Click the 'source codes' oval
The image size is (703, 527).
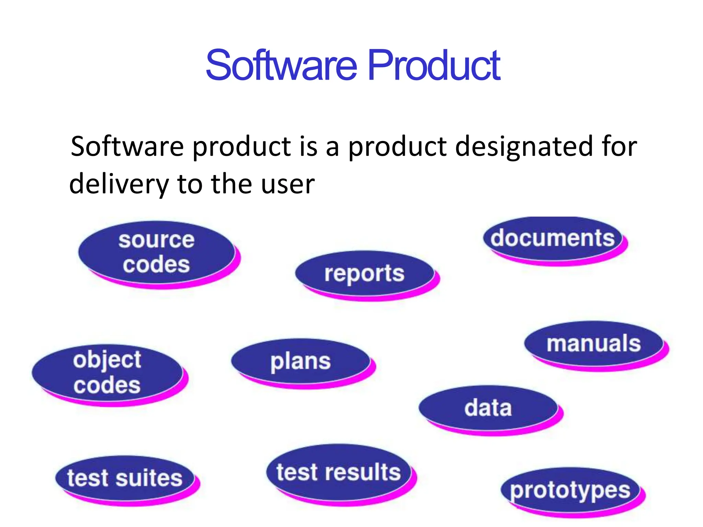(157, 252)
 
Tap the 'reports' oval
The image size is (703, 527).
(365, 273)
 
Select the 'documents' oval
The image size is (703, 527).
(553, 238)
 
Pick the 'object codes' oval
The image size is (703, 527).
(107, 373)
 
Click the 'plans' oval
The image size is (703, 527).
(301, 361)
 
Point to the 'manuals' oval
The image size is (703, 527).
(594, 343)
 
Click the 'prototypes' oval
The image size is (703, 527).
(570, 491)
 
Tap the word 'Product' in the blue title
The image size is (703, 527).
(434, 65)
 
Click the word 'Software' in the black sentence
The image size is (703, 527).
(127, 146)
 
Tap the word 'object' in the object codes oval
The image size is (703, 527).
(107, 360)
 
